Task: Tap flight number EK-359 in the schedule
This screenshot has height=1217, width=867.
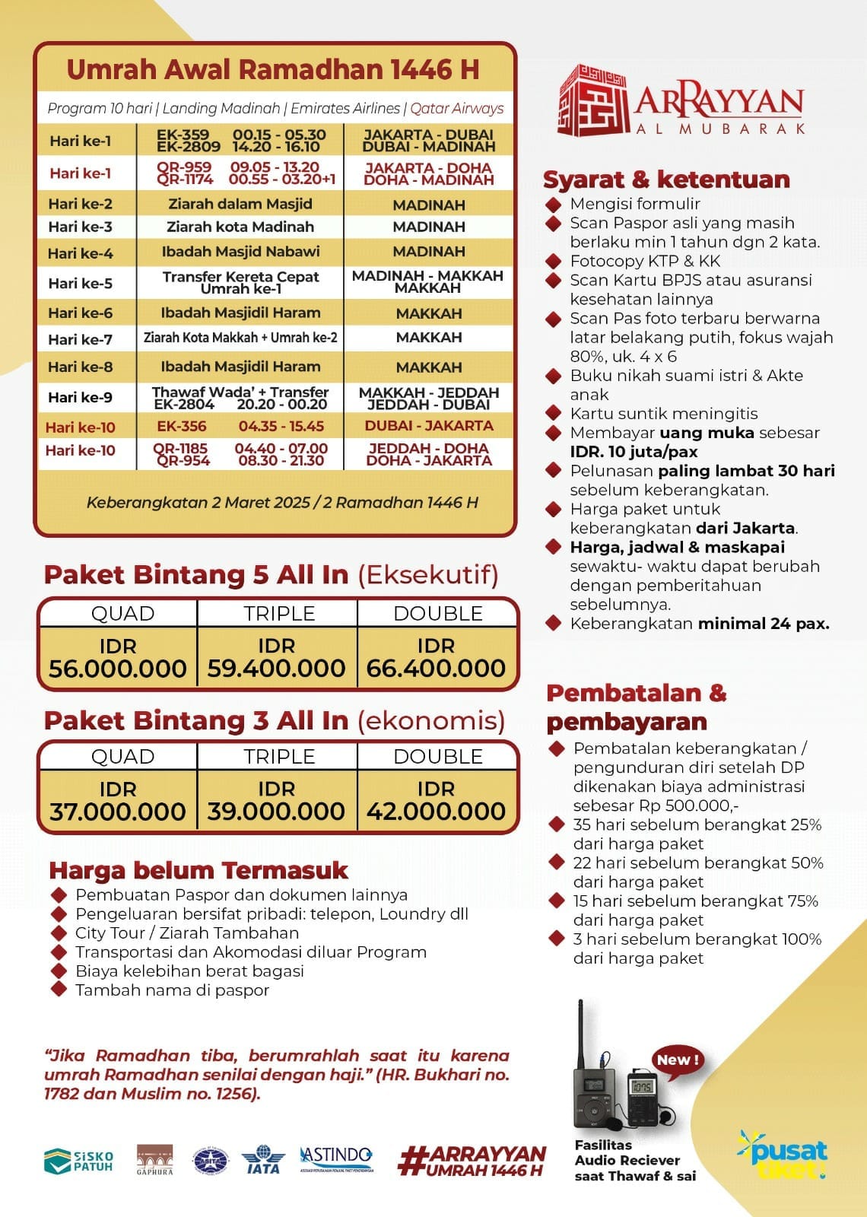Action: point(183,135)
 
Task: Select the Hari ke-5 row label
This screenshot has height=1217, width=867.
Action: point(80,284)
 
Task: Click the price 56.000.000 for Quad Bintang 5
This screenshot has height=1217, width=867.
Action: point(118,669)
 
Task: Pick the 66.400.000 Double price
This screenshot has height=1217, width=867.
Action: point(436,669)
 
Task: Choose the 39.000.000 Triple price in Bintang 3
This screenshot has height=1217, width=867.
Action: point(276,812)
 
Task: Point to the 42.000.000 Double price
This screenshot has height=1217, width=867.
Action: point(436,812)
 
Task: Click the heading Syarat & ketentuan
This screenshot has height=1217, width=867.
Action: point(666,180)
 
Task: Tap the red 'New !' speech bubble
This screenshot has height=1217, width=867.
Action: point(679,1060)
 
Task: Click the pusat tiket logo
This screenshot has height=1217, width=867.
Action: point(783,1155)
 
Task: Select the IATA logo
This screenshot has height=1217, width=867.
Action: point(263,1160)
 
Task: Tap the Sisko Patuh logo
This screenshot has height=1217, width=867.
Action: point(78,1161)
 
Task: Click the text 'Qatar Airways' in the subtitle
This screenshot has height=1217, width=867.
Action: point(457,109)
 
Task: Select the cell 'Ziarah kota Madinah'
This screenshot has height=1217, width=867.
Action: point(240,227)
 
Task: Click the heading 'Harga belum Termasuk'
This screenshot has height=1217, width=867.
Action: point(198,870)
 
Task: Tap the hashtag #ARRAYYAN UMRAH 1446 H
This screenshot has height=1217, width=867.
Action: point(472,1161)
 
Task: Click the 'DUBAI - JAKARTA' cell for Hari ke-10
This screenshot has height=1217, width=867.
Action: point(429,426)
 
